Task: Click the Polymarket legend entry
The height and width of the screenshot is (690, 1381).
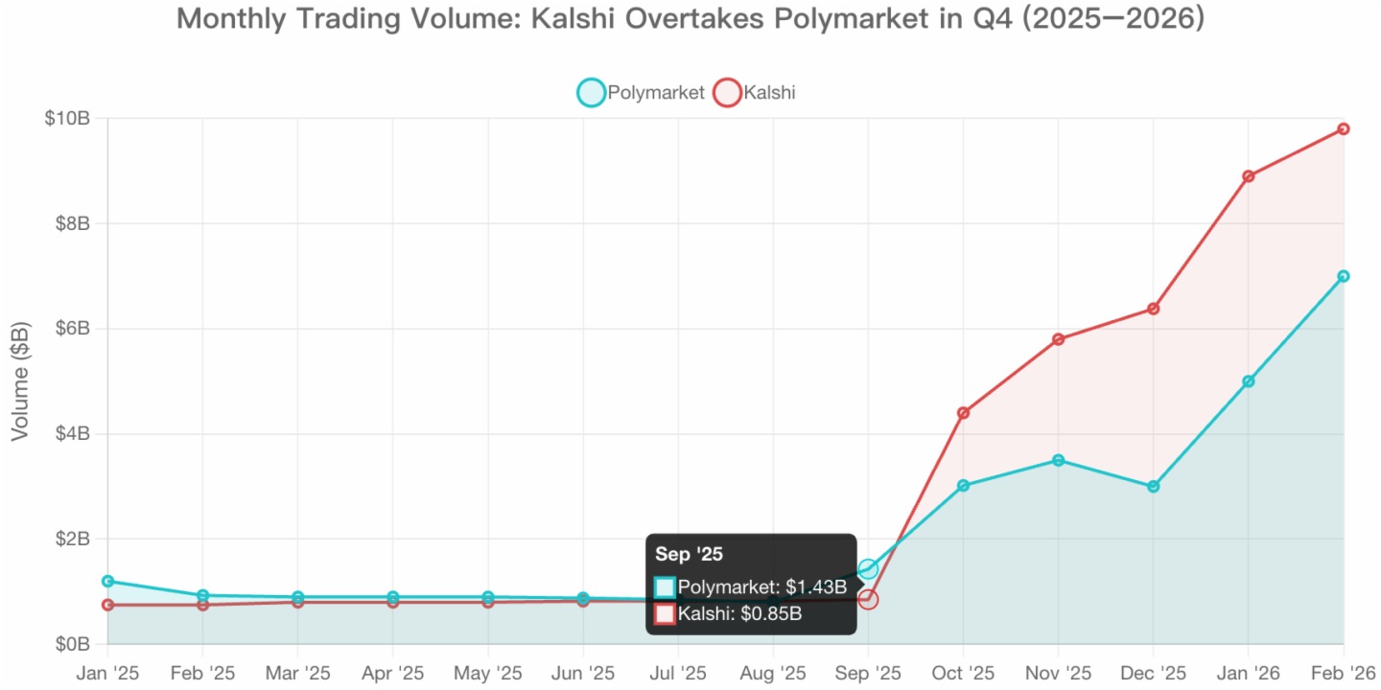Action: pyautogui.click(x=641, y=93)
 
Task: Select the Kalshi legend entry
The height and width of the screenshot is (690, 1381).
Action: pyautogui.click(x=755, y=93)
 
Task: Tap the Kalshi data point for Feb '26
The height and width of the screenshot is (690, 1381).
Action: pyautogui.click(x=1344, y=128)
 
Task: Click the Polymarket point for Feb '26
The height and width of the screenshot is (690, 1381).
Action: pyautogui.click(x=1344, y=276)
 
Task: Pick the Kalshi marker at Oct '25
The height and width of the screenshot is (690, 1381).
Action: pyautogui.click(x=963, y=413)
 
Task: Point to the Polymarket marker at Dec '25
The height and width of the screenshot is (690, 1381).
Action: pyautogui.click(x=1153, y=487)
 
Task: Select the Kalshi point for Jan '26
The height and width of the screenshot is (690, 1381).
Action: pyautogui.click(x=1249, y=176)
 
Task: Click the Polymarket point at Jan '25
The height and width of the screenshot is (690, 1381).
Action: pyautogui.click(x=107, y=581)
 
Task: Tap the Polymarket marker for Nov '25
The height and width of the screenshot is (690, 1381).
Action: pyautogui.click(x=1058, y=460)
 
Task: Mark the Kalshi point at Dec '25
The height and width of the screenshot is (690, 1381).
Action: pyautogui.click(x=1153, y=309)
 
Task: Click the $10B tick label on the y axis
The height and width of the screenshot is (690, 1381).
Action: pyautogui.click(x=67, y=119)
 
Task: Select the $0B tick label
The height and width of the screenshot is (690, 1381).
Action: pyautogui.click(x=71, y=644)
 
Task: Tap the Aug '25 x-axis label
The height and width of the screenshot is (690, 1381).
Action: pyautogui.click(x=773, y=673)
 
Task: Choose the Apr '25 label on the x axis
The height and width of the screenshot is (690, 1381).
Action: pyautogui.click(x=392, y=673)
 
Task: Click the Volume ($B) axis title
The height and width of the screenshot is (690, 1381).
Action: pyautogui.click(x=20, y=381)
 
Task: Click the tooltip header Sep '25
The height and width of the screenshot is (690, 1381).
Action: pyautogui.click(x=689, y=554)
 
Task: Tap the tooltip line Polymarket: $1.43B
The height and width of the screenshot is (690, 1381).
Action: pyautogui.click(x=761, y=586)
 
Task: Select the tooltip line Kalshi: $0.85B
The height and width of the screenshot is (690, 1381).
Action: pyautogui.click(x=738, y=614)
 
